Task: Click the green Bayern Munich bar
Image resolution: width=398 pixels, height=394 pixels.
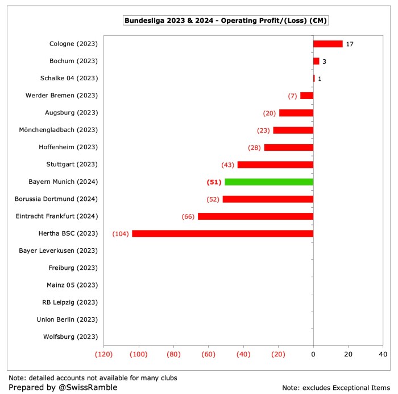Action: coord(269,182)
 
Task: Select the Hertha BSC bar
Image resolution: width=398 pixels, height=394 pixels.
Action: coord(222,233)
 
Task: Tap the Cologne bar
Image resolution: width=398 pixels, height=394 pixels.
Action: coord(328,44)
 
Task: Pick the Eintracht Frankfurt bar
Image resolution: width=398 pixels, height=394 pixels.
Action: coord(255,216)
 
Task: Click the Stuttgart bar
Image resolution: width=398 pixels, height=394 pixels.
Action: coord(275,165)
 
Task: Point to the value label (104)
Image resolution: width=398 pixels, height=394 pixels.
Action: coord(121,233)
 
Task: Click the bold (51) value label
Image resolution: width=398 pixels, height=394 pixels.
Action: coord(213,182)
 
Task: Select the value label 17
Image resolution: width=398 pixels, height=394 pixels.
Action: coord(350,44)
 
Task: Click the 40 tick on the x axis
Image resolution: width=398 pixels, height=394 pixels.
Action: coord(383,354)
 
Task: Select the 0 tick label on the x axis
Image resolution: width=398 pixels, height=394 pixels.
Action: coord(313,354)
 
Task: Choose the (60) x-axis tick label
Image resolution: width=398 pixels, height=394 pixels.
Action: coord(209,354)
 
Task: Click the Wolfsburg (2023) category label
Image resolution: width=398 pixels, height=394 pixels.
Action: coord(71,336)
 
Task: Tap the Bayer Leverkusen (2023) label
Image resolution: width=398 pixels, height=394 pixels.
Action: coord(59,251)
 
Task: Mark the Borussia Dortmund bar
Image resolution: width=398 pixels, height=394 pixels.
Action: coord(268,199)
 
